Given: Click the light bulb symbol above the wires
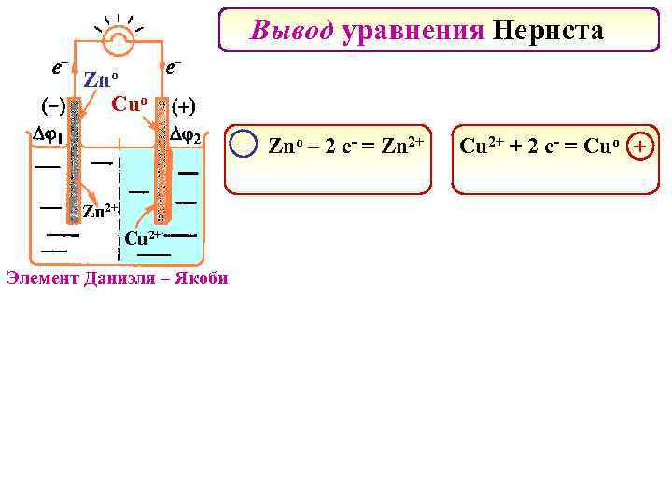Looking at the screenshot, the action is [118, 35].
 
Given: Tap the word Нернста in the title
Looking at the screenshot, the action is [548, 31].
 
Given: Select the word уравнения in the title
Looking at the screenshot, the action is [413, 32].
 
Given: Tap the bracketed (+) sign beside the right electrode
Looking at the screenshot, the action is [189, 104].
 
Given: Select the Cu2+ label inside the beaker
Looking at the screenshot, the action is [143, 238].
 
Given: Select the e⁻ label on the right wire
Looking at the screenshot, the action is [173, 67].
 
